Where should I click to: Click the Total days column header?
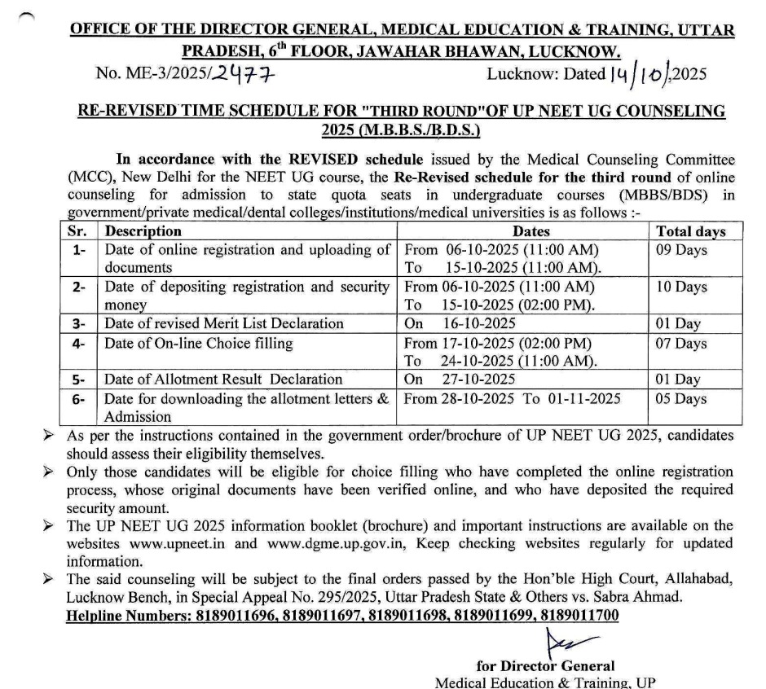pyautogui.click(x=691, y=231)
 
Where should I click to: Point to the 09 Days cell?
pyautogui.click(x=681, y=250)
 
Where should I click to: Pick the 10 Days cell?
pyautogui.click(x=681, y=287)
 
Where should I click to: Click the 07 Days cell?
pyautogui.click(x=681, y=344)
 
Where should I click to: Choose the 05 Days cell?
pyautogui.click(x=681, y=399)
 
